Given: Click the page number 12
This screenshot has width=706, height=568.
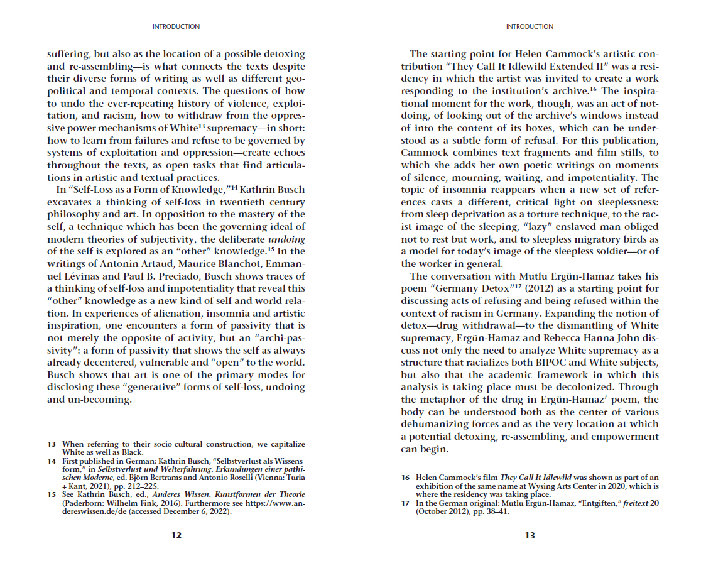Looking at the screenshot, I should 176,535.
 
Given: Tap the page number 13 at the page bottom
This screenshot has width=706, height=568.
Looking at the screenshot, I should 529,535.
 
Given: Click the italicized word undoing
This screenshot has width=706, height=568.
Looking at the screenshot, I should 286,239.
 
